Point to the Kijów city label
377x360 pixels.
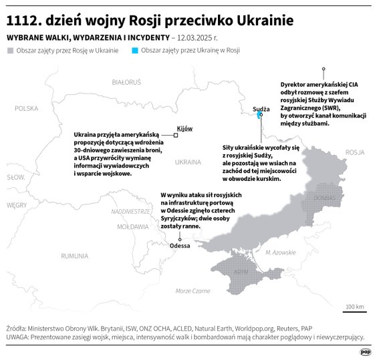click(184, 128)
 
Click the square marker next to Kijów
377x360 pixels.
click(176, 135)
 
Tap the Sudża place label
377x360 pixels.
click(261, 108)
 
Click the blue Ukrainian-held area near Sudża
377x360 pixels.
click(260, 116)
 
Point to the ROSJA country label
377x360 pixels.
click(354, 152)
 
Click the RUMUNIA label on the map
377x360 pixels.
click(74, 256)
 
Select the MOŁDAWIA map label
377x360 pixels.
click(132, 227)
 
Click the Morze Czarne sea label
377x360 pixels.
click(193, 291)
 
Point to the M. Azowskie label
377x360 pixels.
click(280, 252)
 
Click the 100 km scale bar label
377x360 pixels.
click(355, 307)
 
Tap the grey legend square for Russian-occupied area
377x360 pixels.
click(9, 51)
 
